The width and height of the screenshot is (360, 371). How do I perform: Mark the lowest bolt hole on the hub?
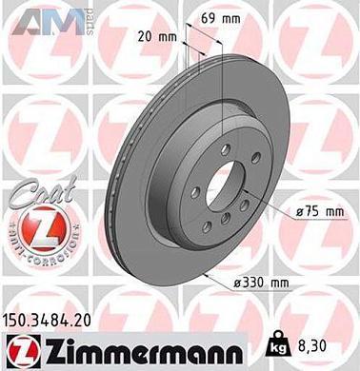[226, 225]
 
